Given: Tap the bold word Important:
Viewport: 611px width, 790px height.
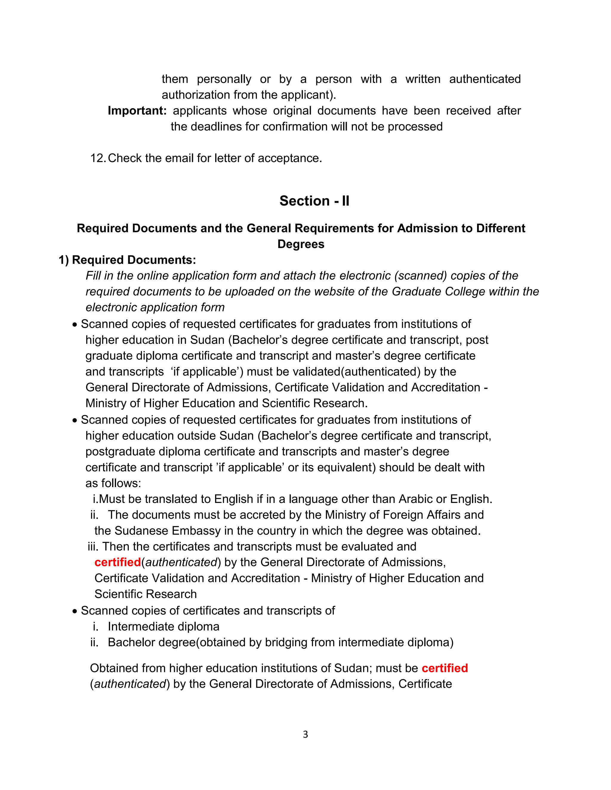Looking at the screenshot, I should pyautogui.click(x=137, y=110).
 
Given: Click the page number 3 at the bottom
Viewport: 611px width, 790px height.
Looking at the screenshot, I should pyautogui.click(x=305, y=734).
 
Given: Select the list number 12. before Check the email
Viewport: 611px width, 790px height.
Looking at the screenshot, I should pyautogui.click(x=98, y=158).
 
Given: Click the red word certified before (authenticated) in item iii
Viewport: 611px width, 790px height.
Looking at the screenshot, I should pyautogui.click(x=117, y=562).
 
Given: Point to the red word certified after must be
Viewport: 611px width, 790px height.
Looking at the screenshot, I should pyautogui.click(x=445, y=668).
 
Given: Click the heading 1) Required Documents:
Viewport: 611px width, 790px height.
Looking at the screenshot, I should pyautogui.click(x=127, y=260).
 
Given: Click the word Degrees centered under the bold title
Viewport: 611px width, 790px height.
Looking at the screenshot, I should pyautogui.click(x=301, y=244).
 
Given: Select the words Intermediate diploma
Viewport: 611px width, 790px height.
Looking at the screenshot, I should pyautogui.click(x=163, y=627).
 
